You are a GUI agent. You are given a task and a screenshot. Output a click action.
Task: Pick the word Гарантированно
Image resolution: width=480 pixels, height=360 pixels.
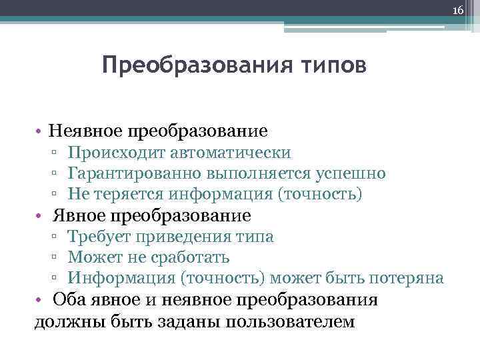(135, 173)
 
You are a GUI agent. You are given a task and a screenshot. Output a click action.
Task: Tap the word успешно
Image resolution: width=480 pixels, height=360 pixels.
(350, 173)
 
